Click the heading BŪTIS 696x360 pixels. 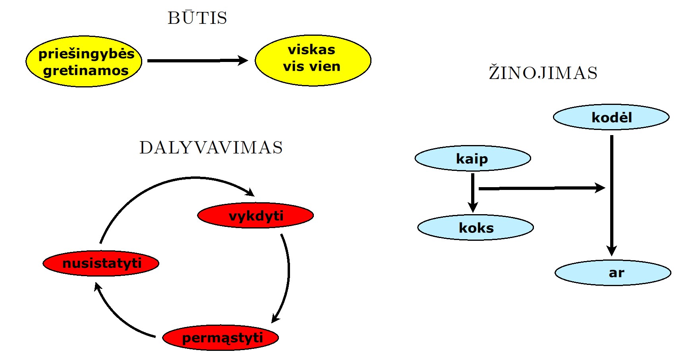(197, 18)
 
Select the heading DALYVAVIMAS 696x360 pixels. (211, 147)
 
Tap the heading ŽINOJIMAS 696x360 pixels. (543, 73)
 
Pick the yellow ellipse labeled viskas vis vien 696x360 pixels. (313, 60)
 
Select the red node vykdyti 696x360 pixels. (255, 216)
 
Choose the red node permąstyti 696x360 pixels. (221, 338)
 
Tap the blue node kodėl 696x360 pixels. (611, 117)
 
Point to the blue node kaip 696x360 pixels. (473, 159)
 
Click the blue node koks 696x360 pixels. (476, 228)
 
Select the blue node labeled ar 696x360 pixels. (613, 273)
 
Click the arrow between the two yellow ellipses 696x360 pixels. (197, 60)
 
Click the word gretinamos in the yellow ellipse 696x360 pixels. (86, 71)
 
